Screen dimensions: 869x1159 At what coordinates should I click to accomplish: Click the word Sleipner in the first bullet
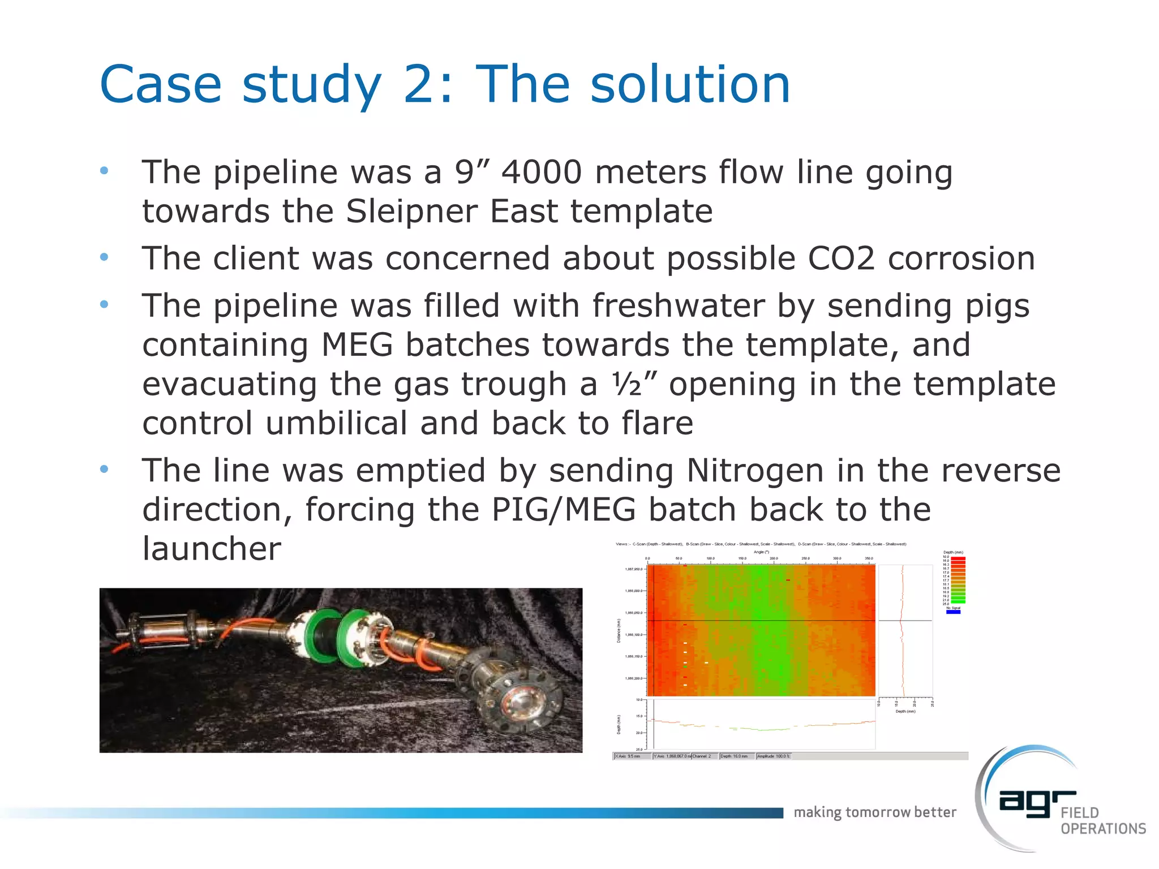click(x=411, y=212)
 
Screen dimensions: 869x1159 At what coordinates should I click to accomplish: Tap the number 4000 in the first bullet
click(x=542, y=172)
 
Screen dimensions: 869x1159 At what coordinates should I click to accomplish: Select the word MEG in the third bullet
click(x=357, y=345)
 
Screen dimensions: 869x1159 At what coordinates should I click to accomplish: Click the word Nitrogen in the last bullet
click(x=755, y=471)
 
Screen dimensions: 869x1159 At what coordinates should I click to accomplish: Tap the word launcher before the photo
click(x=212, y=548)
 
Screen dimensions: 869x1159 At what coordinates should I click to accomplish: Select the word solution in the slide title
click(x=690, y=84)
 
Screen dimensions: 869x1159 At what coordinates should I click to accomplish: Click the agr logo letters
click(x=1037, y=803)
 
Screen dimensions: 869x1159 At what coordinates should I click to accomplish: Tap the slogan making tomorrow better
click(x=874, y=812)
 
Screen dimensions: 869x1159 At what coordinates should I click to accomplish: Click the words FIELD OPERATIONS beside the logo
click(x=1102, y=821)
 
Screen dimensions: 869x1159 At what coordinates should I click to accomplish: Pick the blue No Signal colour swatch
click(x=953, y=612)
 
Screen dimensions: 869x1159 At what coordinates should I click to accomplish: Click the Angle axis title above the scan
click(x=761, y=552)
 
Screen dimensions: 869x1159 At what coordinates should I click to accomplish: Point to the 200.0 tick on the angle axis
click(x=774, y=558)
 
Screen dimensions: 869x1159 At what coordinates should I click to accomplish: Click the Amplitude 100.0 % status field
click(x=774, y=756)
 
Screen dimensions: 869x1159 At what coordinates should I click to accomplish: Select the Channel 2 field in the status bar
click(x=702, y=756)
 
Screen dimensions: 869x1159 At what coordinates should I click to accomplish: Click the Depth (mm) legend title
click(x=953, y=552)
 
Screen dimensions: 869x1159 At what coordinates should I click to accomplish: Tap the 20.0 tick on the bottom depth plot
click(x=639, y=733)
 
